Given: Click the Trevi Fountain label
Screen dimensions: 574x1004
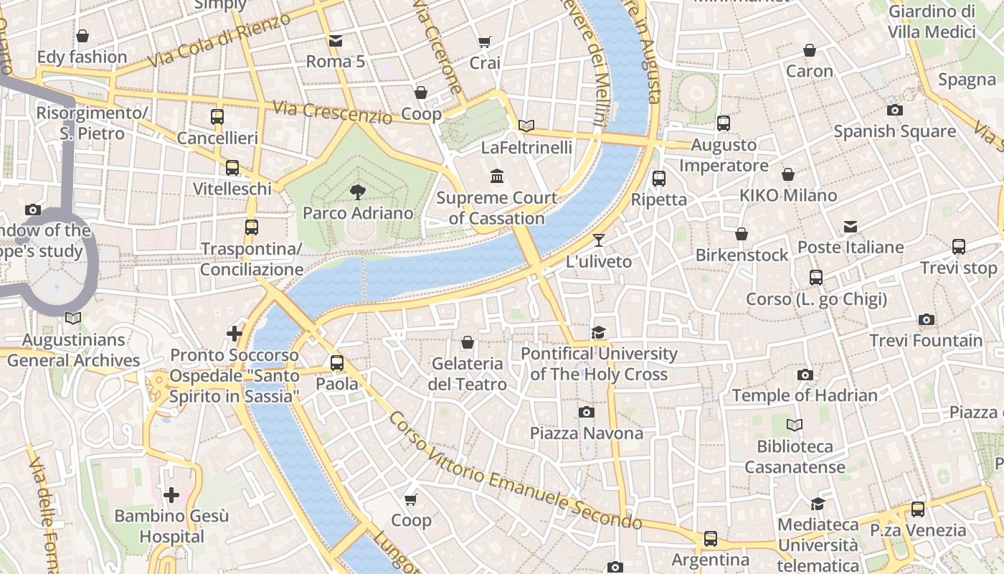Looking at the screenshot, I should point(926,340).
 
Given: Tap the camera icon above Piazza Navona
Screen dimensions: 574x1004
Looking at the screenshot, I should point(586,412).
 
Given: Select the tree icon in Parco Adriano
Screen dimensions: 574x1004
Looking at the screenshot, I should point(357,192).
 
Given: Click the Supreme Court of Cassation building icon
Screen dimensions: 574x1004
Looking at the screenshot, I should point(496,176).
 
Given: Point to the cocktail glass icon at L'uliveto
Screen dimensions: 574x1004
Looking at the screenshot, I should point(599,240).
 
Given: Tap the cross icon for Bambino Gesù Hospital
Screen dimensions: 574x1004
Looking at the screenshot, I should point(171,495).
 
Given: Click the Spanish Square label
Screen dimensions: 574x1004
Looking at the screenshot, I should point(894,131).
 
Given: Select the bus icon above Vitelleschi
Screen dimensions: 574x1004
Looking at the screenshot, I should point(232,168).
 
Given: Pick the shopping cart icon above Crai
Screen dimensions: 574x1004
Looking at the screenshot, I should point(485,42).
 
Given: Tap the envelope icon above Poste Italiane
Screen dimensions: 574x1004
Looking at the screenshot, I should point(851,227).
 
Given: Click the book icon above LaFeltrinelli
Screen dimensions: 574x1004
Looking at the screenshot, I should point(526,126).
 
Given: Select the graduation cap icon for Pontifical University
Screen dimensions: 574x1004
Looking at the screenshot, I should point(598,332).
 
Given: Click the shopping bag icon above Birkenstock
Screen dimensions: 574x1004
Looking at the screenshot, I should point(742,234).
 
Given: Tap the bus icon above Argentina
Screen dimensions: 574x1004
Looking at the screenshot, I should point(710,538).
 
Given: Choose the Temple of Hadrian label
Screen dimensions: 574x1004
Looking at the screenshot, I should point(805,395).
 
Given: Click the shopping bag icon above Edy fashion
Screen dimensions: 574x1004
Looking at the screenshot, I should point(82,36).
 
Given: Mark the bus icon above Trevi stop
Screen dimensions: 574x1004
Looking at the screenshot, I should point(959,247).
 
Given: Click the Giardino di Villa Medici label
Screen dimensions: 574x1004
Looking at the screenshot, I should point(932,22).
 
